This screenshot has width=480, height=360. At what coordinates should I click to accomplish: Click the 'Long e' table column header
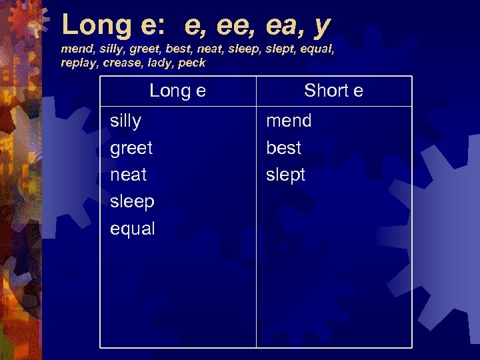click(x=177, y=91)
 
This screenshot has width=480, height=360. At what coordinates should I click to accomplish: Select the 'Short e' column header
click(x=333, y=91)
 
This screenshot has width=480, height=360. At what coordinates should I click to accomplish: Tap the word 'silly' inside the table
click(x=125, y=121)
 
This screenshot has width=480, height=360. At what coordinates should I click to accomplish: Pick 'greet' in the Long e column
click(x=131, y=148)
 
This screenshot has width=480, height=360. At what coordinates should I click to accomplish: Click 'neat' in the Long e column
click(x=128, y=175)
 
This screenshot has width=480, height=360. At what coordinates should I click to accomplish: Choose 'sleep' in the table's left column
click(x=132, y=202)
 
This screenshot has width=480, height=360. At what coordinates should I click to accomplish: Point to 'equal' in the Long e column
click(x=132, y=229)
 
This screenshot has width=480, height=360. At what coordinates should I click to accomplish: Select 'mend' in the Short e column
click(x=289, y=121)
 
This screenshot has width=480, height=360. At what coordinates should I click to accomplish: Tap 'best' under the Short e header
click(x=283, y=147)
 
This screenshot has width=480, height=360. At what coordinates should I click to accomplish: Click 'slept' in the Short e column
click(x=285, y=175)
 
